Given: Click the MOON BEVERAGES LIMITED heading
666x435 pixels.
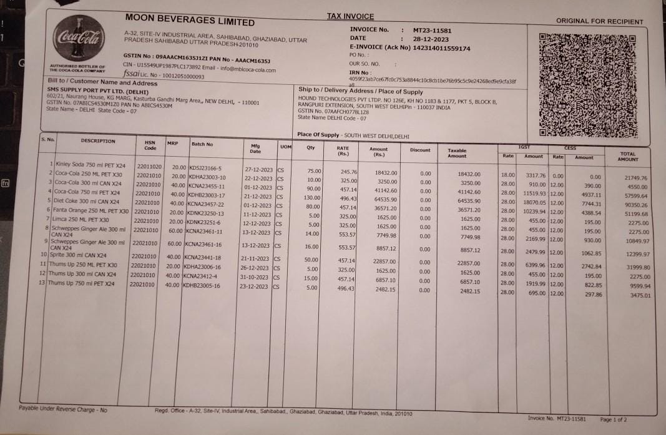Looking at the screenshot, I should coord(190,20).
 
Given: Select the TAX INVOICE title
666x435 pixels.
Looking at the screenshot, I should coord(350,17).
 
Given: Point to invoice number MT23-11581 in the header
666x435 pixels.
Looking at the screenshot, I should coord(432,30).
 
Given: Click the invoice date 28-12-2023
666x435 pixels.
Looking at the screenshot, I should coord(431,39).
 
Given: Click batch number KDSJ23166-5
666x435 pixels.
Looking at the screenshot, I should coord(206,168).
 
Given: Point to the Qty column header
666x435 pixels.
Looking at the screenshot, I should coord(310,148).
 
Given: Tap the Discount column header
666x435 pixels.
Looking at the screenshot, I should coord(420,150).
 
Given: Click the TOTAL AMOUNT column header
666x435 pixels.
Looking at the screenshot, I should coord(628,157).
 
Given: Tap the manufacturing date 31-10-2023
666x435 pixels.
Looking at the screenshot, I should coord(256,278).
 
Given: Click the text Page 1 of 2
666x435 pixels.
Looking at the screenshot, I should coord(613,419).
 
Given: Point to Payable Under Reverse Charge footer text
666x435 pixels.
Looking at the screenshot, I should coord(62,409).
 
